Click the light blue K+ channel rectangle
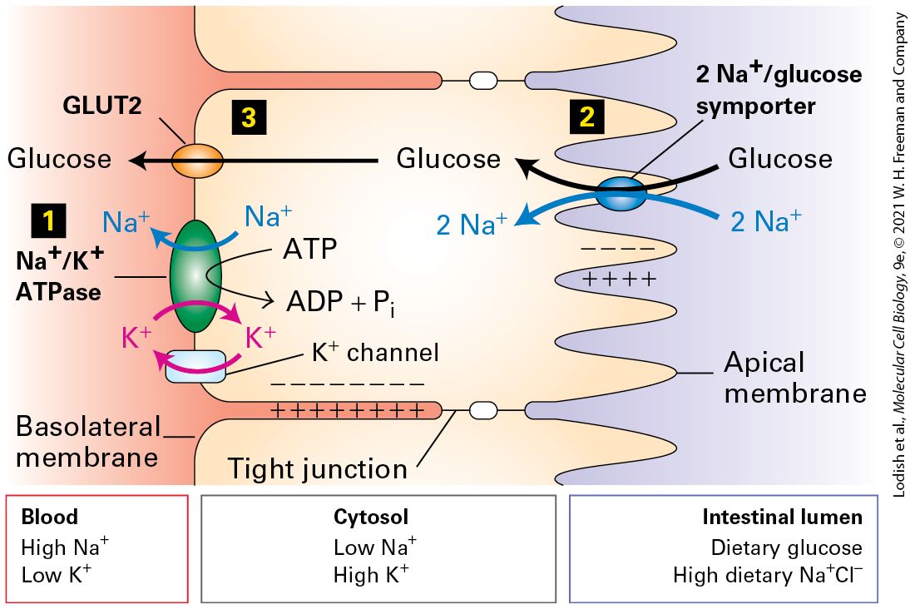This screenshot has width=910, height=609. pos(195,366)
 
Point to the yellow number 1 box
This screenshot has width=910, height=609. pos(49,221)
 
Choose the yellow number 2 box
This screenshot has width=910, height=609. pos(586,116)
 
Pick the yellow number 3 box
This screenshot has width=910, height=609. pos(249,117)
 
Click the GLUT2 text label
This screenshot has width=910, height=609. pos(102,106)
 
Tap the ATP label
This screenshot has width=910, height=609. pos(310,250)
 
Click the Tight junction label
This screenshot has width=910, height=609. pos(317,468)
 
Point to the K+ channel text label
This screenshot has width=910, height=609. pos(375,352)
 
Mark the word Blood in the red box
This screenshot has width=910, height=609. pos(49,517)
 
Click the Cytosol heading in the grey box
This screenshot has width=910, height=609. pos(371,517)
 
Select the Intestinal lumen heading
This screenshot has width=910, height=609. pos(783,517)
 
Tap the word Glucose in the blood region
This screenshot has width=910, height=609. pos(59,159)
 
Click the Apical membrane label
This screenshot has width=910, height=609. pos(795,378)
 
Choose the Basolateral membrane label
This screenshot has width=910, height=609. pos(88,441)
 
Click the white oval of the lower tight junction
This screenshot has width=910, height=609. pos(482,410)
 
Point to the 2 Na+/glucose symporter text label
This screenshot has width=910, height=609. pos(779,88)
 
